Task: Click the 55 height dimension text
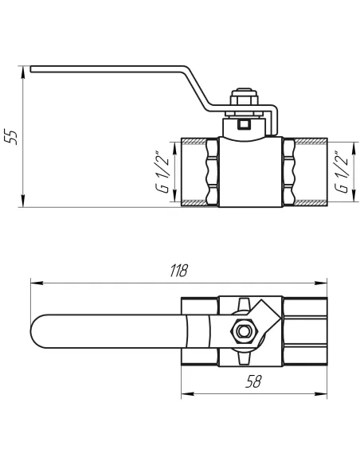pyautogui.click(x=10, y=135)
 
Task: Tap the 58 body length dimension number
pyautogui.click(x=254, y=382)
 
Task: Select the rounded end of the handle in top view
pyautogui.click(x=38, y=331)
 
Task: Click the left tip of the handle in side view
pyautogui.click(x=33, y=72)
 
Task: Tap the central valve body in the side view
pyautogui.click(x=250, y=171)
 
